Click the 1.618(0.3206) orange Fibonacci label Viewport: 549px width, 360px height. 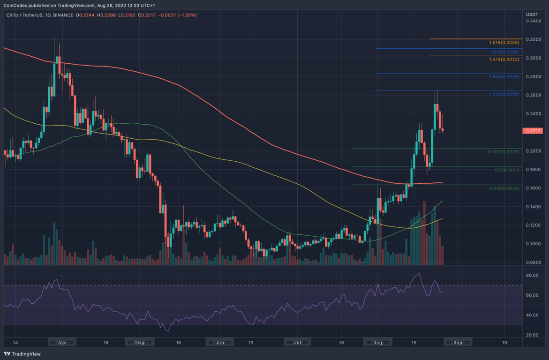[504, 42]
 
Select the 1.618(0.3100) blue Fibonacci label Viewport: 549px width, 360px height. [504, 52]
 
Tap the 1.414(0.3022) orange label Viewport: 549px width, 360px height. [504, 60]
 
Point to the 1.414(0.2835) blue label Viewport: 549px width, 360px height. [504, 77]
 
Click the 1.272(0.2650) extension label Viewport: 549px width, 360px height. [504, 94]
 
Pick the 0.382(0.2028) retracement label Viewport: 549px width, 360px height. [504, 152]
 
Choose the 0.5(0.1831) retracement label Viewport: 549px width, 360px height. [507, 170]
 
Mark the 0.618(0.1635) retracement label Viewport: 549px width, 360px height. [504, 188]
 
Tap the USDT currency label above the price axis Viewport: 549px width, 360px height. [531, 14]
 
